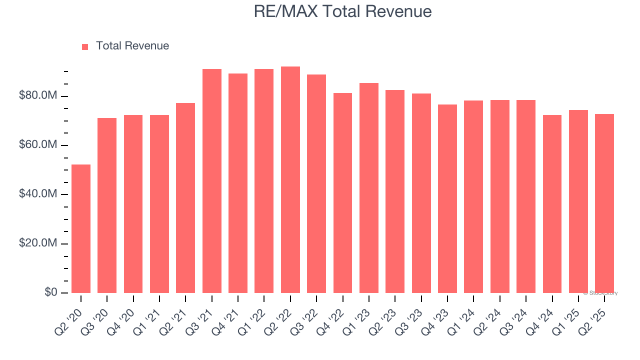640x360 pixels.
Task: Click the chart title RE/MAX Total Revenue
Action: pos(342,11)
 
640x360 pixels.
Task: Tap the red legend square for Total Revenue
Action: pos(85,46)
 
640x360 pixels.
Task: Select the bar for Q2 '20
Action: pos(81,228)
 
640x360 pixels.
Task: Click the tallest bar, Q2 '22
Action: pos(290,179)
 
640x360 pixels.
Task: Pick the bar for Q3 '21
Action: pos(212,180)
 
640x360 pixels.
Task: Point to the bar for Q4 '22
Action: pos(342,192)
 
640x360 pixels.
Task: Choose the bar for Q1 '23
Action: pos(369,187)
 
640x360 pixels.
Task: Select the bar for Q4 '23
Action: pos(447,198)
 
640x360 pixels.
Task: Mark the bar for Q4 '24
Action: pos(552,203)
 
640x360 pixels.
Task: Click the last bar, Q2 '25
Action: pos(604,203)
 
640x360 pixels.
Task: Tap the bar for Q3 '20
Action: pos(107,205)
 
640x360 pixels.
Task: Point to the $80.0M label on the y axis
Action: pos(38,95)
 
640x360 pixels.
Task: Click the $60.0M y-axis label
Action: pos(38,145)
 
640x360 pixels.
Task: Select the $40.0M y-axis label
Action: pos(38,194)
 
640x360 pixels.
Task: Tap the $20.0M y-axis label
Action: pos(38,243)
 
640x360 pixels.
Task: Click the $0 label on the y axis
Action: pos(50,292)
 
